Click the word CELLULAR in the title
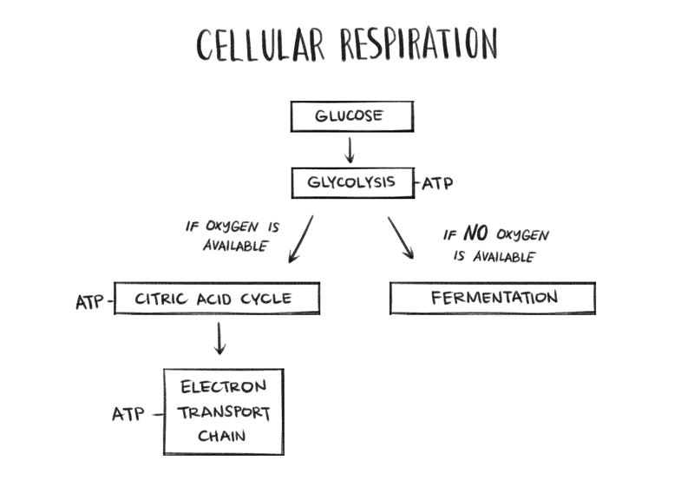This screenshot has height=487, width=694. click(x=259, y=45)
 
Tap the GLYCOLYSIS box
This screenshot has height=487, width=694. click(x=351, y=183)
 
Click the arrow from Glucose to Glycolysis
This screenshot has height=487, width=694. click(x=350, y=148)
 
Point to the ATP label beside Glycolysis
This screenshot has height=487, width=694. click(x=437, y=184)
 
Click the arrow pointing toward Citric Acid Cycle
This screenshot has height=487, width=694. click(x=300, y=239)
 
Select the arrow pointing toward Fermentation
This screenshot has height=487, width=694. click(x=401, y=237)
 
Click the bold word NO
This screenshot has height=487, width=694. click(x=476, y=234)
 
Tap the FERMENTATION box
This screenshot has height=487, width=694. click(x=493, y=299)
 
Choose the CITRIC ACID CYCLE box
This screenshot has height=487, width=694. click(x=217, y=299)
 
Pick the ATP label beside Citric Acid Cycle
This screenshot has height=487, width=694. click(x=90, y=302)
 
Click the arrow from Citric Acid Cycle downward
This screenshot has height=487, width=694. click(x=219, y=338)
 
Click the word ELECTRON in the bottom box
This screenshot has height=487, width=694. click(x=223, y=386)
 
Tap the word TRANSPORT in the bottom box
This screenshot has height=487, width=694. click(x=224, y=412)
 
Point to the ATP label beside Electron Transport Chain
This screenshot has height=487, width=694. click(x=128, y=414)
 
